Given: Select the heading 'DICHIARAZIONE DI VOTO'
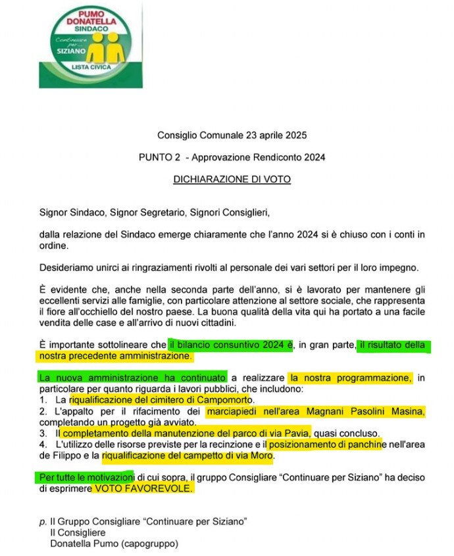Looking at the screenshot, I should (x=231, y=178).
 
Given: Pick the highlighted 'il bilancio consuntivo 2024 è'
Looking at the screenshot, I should (x=230, y=345).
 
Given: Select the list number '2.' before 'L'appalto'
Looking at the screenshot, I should (x=43, y=411).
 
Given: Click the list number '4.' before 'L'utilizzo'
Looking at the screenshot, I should (x=43, y=445).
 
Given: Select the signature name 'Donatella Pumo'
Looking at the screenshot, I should (x=82, y=543).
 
